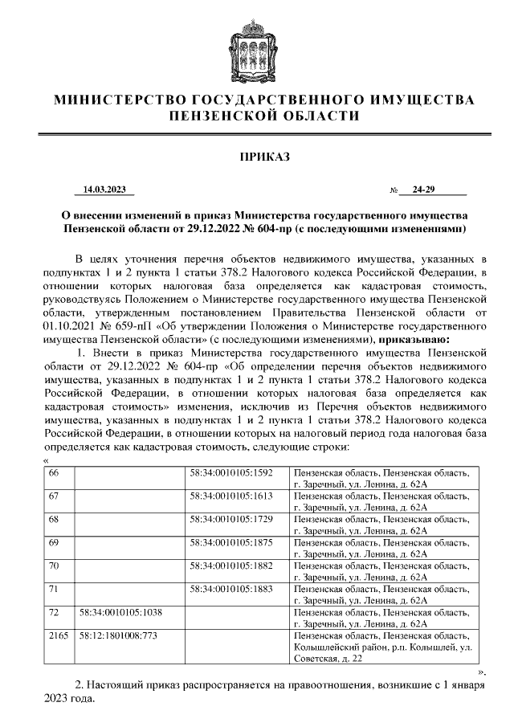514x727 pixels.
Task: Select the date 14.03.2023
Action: [x=104, y=190]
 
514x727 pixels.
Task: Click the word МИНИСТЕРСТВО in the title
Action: [x=119, y=100]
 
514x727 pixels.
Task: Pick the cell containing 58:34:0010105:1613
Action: [x=232, y=496]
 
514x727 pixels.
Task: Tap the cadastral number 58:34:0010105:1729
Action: [x=232, y=520]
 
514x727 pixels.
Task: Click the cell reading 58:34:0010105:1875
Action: [x=232, y=543]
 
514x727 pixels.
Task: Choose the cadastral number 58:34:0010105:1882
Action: [x=232, y=566]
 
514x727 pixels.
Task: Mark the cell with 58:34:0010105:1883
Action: [x=232, y=589]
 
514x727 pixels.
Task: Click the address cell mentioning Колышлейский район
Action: [x=386, y=646]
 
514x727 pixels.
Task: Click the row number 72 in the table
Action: [x=55, y=612]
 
